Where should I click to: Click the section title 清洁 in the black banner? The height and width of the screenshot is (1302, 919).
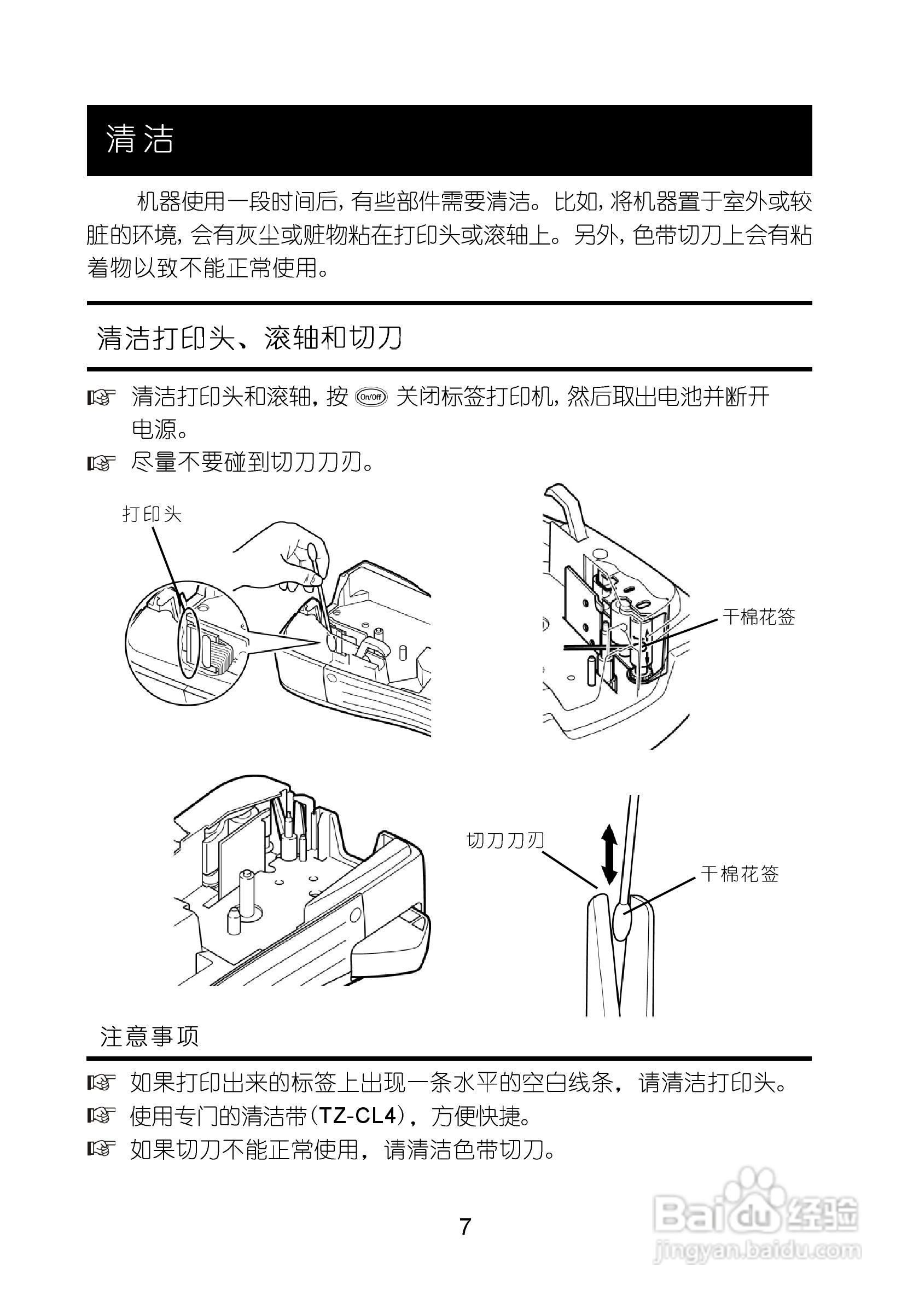139,139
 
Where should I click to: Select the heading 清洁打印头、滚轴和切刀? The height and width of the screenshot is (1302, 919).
249,339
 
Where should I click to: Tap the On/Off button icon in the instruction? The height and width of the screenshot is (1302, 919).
371,397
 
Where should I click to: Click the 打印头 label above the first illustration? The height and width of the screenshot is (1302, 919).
152,514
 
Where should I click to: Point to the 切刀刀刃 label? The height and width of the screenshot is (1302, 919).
505,840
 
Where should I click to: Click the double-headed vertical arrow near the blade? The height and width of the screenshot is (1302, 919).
609,854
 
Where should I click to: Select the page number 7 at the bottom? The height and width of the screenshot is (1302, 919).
465,1227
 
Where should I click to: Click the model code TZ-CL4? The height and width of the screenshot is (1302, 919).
357,1116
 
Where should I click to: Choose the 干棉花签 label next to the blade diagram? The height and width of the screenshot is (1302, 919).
740,874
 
